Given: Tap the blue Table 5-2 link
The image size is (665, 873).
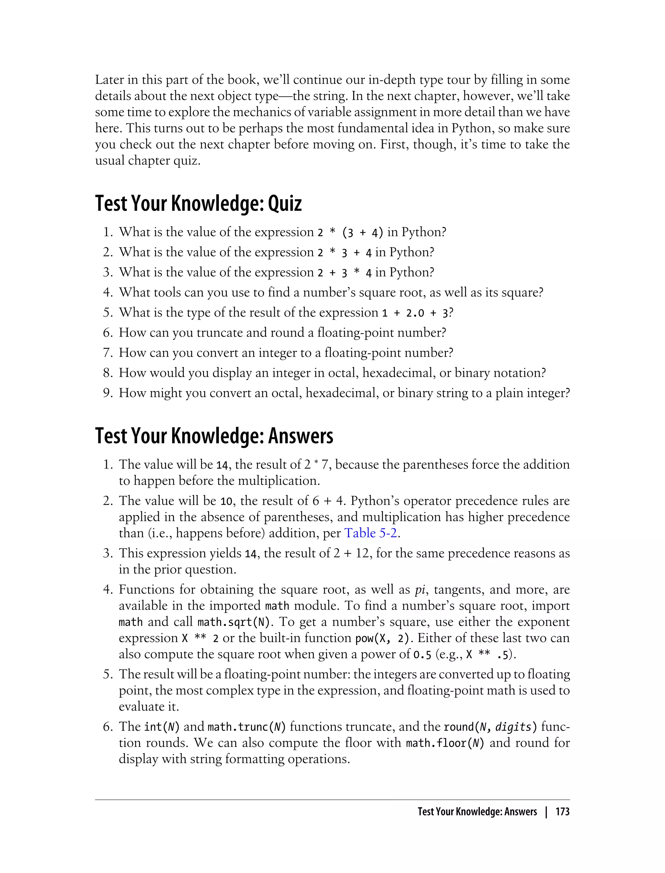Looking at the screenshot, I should click(x=370, y=533).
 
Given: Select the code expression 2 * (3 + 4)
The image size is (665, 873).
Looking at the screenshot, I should click(x=350, y=233).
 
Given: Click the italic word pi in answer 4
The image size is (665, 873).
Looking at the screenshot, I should click(x=420, y=590).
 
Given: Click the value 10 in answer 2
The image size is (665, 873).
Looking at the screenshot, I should click(x=226, y=501).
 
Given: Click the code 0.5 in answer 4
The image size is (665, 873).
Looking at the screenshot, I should click(x=422, y=655).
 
